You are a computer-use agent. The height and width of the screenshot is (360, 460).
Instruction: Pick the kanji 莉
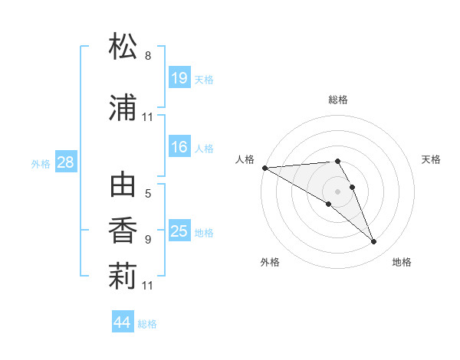[123, 276]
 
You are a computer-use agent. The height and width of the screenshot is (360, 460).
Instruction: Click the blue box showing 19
[179, 78]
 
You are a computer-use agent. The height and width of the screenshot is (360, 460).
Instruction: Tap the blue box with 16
[179, 147]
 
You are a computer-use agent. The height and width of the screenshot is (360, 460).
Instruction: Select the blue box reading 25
[179, 231]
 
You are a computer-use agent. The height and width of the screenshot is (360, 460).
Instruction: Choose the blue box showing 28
[65, 162]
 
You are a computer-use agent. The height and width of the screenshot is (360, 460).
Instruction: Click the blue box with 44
[123, 322]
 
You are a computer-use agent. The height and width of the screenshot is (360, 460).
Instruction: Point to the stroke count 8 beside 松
[148, 56]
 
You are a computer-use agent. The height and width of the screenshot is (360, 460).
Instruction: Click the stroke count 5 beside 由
[148, 195]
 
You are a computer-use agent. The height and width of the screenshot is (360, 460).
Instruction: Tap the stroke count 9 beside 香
[148, 239]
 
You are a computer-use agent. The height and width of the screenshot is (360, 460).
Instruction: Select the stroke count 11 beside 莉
[148, 286]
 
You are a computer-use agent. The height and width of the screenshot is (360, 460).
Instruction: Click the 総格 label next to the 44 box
[147, 324]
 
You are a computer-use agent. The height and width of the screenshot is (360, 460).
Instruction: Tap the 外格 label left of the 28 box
[41, 163]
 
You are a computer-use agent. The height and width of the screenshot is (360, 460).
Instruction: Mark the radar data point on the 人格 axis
[264, 168]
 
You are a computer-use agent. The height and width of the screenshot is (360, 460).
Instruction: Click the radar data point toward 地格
[374, 242]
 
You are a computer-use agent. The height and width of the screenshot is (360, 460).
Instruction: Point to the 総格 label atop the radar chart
[338, 100]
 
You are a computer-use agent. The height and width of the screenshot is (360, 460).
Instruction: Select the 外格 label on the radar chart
[270, 263]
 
